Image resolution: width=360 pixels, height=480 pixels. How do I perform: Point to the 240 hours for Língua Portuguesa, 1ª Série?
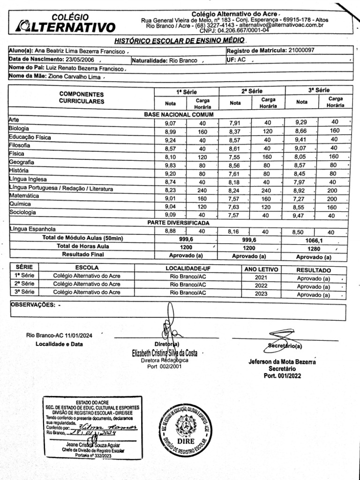[202, 191]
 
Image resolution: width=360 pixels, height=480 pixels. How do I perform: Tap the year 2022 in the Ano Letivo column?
[261, 285]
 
